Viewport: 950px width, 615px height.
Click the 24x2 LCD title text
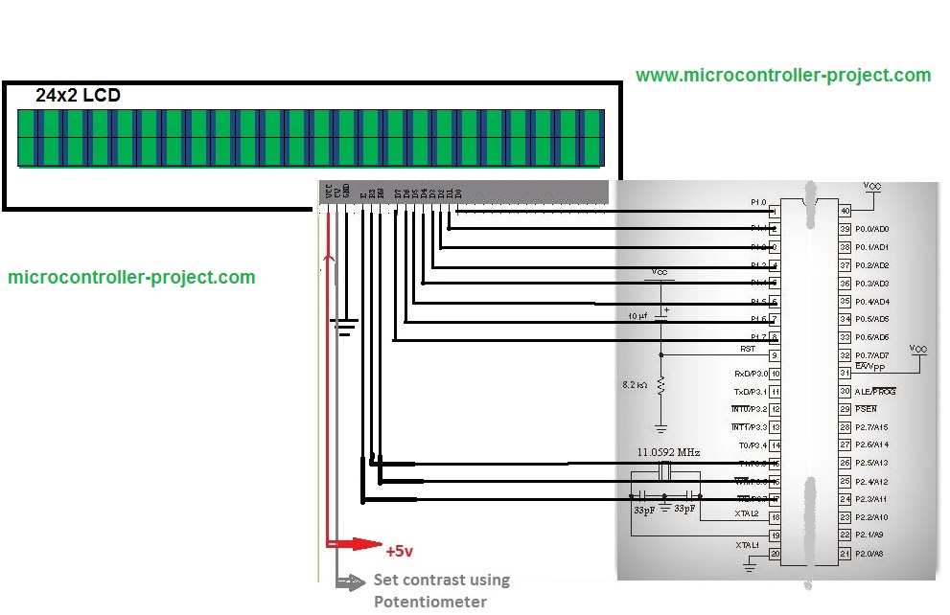pyautogui.click(x=78, y=95)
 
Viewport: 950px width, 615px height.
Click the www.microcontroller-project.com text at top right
pyautogui.click(x=782, y=75)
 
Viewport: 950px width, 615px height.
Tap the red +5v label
pyautogui.click(x=400, y=552)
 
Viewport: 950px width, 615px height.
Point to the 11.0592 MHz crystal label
pyautogui.click(x=668, y=451)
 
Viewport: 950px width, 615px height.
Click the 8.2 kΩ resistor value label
pyautogui.click(x=635, y=384)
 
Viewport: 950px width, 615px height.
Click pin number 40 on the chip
pyautogui.click(x=845, y=211)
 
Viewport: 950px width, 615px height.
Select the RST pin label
pyautogui.click(x=747, y=350)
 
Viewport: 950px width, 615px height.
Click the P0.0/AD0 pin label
pyautogui.click(x=871, y=229)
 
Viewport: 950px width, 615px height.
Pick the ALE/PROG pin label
pyautogui.click(x=874, y=392)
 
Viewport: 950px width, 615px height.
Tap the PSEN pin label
pyautogui.click(x=865, y=409)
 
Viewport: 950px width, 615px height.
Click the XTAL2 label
pyautogui.click(x=746, y=514)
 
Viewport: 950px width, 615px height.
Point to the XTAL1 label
pyautogui.click(x=746, y=545)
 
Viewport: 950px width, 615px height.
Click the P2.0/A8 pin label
pyautogui.click(x=870, y=554)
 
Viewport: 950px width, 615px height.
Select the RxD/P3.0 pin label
pyautogui.click(x=751, y=374)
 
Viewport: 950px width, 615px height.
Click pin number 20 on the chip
pyautogui.click(x=774, y=554)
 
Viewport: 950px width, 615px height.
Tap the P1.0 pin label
pyautogui.click(x=758, y=202)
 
